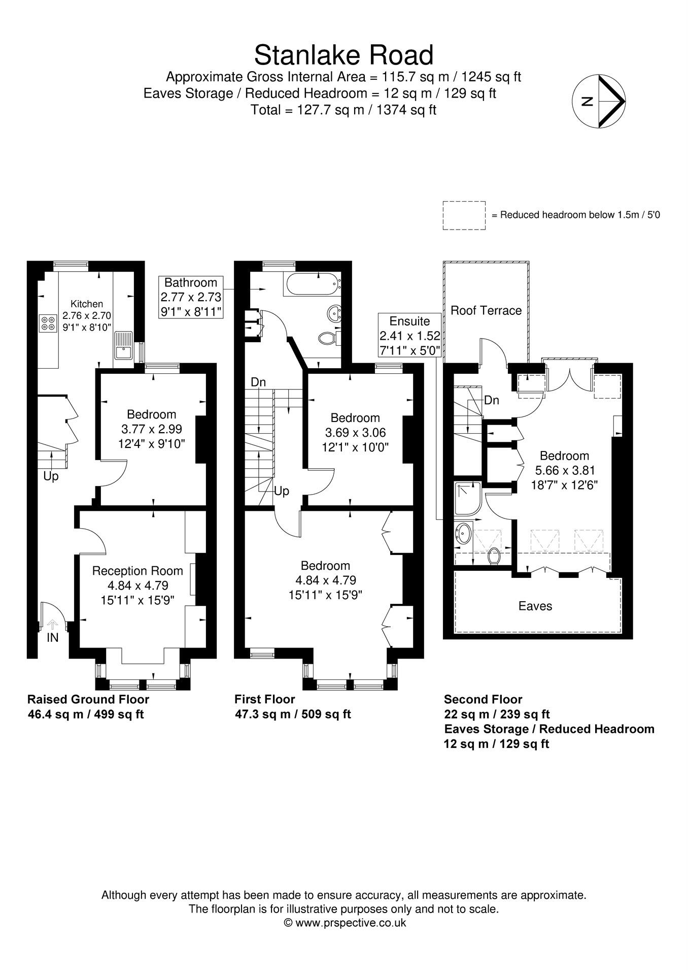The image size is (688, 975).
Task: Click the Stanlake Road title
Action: (343, 55)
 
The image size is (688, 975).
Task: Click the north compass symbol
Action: (599, 101)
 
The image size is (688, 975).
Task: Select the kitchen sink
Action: (122, 345)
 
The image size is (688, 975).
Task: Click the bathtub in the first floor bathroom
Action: (311, 284)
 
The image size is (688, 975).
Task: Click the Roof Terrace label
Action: (486, 310)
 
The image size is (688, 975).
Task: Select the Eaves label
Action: (535, 606)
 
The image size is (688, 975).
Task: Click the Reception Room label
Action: (137, 571)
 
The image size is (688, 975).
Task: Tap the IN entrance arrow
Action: (52, 625)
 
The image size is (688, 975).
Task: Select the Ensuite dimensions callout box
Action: (409, 335)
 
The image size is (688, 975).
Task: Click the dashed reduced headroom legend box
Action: (464, 215)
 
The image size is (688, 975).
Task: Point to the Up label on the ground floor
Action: (51, 476)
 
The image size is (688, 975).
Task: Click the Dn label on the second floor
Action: (491, 400)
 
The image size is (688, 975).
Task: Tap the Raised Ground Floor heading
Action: (88, 699)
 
